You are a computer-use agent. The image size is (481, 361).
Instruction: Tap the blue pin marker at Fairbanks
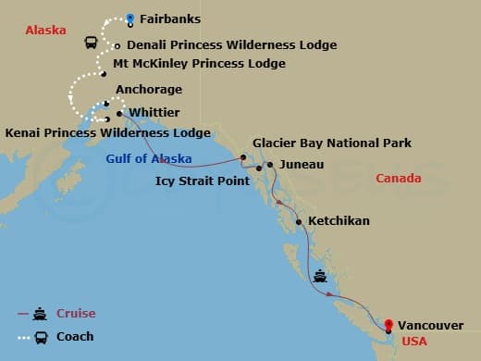130,18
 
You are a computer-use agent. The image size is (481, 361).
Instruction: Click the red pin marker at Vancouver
388,325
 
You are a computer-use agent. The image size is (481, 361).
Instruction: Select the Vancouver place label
431,325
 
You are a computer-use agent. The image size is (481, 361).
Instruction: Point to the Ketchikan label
339,221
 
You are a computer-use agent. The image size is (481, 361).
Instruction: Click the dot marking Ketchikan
299,222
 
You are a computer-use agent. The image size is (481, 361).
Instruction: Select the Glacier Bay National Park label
333,143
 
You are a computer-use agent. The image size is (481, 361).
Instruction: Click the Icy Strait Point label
202,181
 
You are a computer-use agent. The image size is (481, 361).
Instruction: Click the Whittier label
155,112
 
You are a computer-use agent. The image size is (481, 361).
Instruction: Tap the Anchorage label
149,90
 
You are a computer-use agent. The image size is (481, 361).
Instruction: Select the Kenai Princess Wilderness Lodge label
107,132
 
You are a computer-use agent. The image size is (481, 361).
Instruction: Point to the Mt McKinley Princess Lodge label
199,64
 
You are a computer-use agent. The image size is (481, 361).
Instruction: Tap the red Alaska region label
45,30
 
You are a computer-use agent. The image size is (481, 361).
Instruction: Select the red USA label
413,342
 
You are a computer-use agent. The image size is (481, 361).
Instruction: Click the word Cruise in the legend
76,313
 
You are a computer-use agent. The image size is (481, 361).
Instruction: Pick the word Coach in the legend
75,336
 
